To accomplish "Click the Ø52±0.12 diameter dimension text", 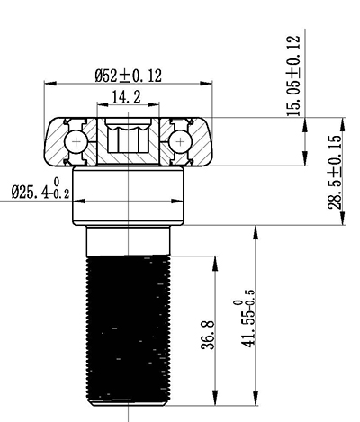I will pos(129,76).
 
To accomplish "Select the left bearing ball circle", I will pos(79,142).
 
